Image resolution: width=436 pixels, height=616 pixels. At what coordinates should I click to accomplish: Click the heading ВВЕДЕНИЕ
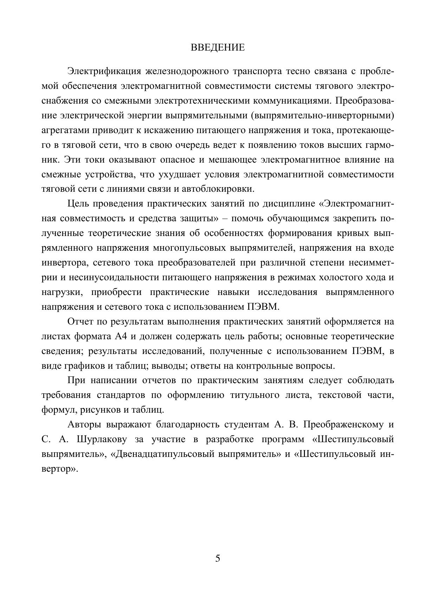[217, 48]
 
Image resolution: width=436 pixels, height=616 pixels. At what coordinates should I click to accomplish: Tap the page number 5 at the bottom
[218, 558]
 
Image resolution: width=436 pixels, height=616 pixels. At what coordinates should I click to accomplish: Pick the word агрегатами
[65, 130]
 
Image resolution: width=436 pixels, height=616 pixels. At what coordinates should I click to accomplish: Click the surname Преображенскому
[343, 425]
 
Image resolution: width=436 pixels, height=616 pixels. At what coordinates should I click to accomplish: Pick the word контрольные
[261, 366]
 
